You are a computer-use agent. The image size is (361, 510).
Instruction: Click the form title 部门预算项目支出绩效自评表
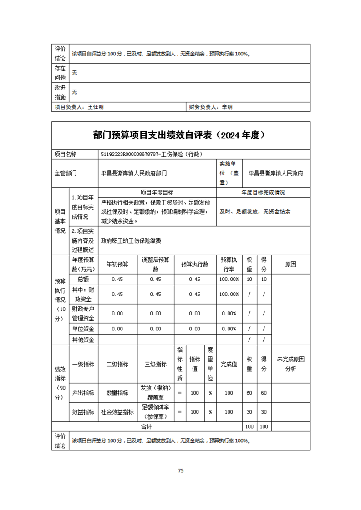(x=180, y=135)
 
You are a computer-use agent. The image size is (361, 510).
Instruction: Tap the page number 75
(x=180, y=470)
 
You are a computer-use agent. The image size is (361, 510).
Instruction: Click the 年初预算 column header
(x=117, y=264)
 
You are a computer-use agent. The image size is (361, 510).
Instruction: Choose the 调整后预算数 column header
(x=156, y=264)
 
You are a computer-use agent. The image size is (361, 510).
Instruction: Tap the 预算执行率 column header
(x=229, y=264)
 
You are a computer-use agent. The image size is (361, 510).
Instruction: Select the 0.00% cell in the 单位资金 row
(x=229, y=329)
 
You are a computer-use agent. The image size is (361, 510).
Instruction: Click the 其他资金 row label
(x=83, y=340)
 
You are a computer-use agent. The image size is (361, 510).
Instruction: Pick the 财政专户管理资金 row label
(x=83, y=313)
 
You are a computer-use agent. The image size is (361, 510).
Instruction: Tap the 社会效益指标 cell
(x=117, y=412)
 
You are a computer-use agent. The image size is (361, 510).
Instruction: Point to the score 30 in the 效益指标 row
(x=264, y=412)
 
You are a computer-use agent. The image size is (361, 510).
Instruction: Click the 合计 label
(x=147, y=427)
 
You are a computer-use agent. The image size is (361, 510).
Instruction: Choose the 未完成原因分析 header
(x=290, y=364)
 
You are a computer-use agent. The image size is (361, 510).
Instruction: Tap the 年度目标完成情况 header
(x=263, y=193)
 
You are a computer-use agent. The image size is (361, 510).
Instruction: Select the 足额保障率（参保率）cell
(x=156, y=412)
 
